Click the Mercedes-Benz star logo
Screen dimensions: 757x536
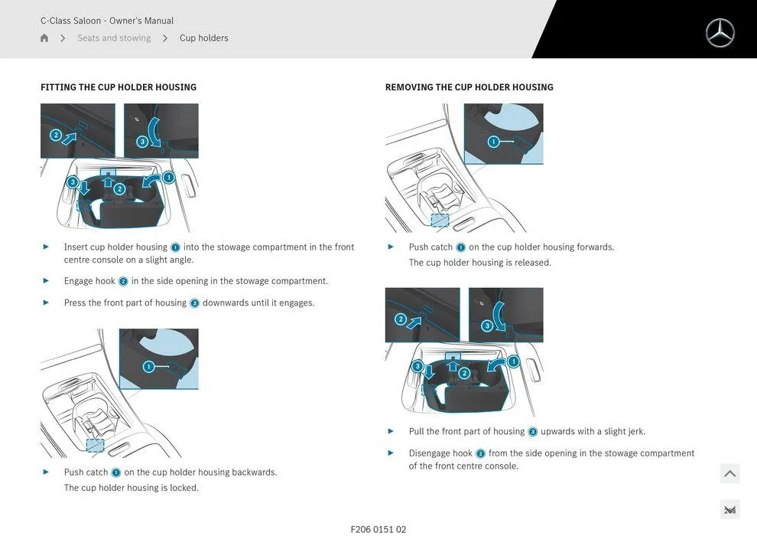coord(720,33)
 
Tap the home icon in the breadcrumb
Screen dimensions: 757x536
coord(44,38)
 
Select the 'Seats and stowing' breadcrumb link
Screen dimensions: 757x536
coord(114,38)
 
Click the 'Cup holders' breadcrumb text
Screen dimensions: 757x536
coord(203,38)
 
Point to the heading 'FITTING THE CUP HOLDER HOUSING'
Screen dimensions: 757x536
coord(119,87)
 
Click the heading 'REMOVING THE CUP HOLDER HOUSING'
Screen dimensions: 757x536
coord(469,87)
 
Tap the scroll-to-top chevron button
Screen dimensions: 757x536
coord(730,473)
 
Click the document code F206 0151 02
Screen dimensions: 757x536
coord(378,529)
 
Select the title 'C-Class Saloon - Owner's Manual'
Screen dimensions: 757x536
coord(107,21)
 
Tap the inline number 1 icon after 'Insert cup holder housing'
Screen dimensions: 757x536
coord(175,247)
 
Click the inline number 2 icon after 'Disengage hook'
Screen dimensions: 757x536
coord(480,453)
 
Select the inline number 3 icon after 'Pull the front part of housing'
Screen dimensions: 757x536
coord(532,432)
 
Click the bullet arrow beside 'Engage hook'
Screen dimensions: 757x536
coord(47,281)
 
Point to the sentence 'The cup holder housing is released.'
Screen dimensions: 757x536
coord(480,263)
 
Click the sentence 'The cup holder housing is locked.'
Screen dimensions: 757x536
coord(132,488)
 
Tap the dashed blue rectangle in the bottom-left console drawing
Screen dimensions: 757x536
coord(95,445)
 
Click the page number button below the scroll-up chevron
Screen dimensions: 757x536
coord(730,509)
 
